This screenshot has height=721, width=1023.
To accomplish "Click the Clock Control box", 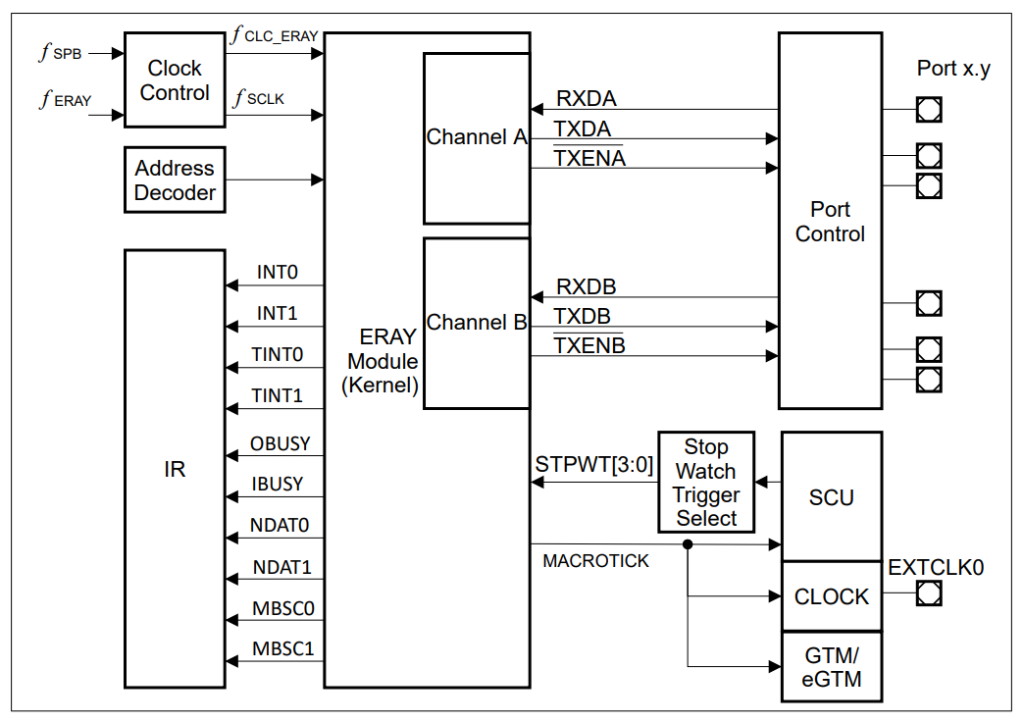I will [x=175, y=80].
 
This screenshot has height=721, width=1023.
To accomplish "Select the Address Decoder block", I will [x=175, y=180].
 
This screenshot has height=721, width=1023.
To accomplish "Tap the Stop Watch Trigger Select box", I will [x=706, y=483].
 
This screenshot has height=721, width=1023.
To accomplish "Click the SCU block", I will [x=831, y=497].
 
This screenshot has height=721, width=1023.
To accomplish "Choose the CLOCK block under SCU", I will [x=831, y=596].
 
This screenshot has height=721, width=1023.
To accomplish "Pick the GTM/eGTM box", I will [x=831, y=666].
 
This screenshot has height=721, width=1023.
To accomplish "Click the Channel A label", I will [x=477, y=137].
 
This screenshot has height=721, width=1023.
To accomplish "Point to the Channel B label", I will [x=477, y=323].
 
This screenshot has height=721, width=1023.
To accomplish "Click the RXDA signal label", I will [x=587, y=99].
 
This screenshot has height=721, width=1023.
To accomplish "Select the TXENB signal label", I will [x=589, y=345].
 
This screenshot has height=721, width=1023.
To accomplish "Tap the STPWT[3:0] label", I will [x=594, y=464].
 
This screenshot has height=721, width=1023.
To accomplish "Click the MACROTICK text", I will [x=595, y=561].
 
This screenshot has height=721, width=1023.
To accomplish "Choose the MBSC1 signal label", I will [x=282, y=648].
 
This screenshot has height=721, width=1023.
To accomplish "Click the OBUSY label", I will [x=280, y=443].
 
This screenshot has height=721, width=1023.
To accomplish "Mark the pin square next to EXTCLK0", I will [x=928, y=593].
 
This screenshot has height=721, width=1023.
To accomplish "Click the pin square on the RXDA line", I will [x=928, y=109].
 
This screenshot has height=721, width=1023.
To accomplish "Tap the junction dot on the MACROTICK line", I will [x=689, y=544].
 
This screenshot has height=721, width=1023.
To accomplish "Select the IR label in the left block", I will [x=175, y=470].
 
